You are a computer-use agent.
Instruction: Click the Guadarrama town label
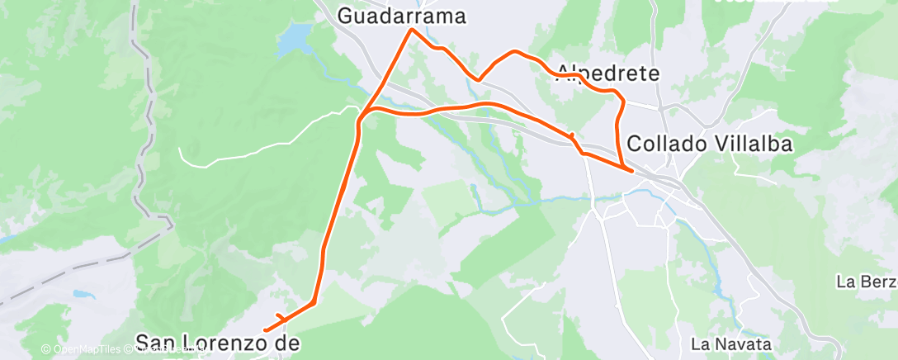click(x=402, y=16)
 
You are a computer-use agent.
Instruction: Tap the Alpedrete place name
click(x=609, y=73)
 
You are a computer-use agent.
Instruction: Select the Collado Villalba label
click(x=710, y=144)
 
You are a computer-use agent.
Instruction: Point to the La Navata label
click(x=731, y=343)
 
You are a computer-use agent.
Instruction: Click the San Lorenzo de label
click(x=216, y=342)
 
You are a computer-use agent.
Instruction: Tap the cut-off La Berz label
click(x=866, y=282)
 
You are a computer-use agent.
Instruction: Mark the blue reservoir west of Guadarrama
click(x=293, y=42)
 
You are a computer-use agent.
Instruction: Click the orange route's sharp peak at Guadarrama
click(x=412, y=31)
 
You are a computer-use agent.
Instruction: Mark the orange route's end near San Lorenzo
click(x=265, y=331)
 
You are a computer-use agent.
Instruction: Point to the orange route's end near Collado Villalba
click(x=632, y=171)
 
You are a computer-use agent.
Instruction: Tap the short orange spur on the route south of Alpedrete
click(x=571, y=134)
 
